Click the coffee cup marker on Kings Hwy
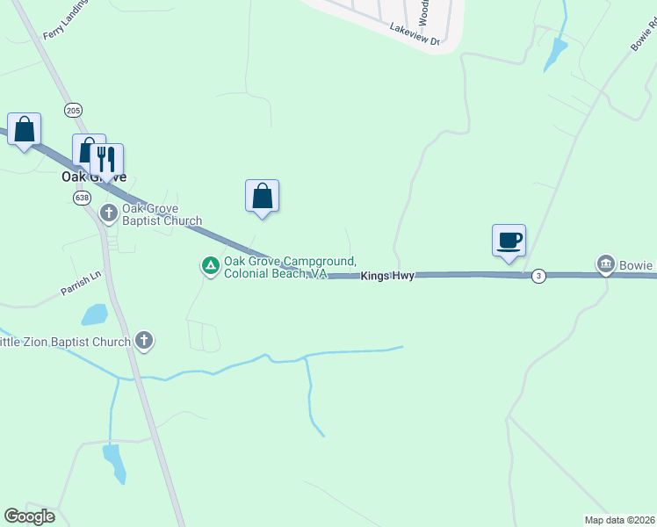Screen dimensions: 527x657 (x=509, y=240)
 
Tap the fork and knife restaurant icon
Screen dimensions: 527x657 (x=106, y=160)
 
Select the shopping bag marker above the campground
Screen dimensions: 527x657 (x=262, y=196)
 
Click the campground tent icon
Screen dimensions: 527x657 (x=210, y=264)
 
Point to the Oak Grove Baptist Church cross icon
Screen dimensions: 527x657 (x=109, y=213)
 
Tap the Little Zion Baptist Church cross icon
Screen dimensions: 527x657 (x=144, y=341)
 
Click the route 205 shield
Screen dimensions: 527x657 (x=73, y=109)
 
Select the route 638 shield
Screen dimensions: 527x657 (x=82, y=198)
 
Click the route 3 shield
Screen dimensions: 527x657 (x=538, y=276)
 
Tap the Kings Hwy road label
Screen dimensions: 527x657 (x=386, y=276)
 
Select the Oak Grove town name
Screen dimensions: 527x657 (x=93, y=177)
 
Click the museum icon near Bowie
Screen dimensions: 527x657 (x=605, y=264)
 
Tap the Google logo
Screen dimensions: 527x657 (x=29, y=516)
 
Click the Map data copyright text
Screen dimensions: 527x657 (x=619, y=520)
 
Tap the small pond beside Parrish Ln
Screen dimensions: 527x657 (x=93, y=314)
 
